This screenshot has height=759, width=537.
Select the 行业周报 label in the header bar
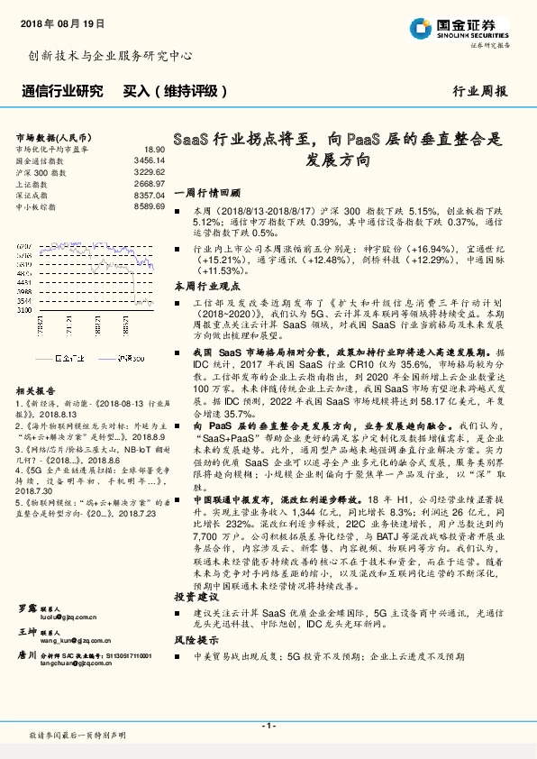pyautogui.click(x=479, y=91)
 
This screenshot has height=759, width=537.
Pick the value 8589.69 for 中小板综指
pyautogui.click(x=149, y=206)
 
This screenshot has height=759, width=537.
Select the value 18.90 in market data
pyautogui.click(x=154, y=148)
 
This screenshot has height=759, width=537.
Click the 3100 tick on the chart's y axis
pyautogui.click(x=24, y=309)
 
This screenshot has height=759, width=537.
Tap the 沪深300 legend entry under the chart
pyautogui.click(x=132, y=357)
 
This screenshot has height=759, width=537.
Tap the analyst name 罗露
pyautogui.click(x=26, y=609)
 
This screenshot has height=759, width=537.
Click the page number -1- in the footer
pyautogui.click(x=268, y=726)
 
